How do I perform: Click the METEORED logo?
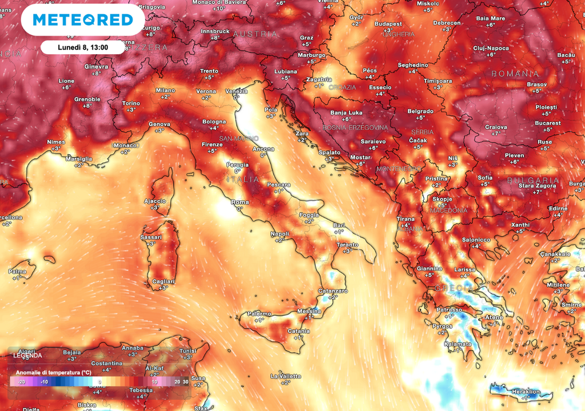click(83, 20)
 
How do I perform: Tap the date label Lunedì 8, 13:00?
click(83, 47)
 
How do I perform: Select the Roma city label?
click(239, 202)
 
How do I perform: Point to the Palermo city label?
click(259, 313)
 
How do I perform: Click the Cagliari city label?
click(163, 281)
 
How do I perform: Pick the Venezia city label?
click(237, 91)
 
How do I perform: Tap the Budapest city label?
click(388, 24)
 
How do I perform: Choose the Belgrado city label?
click(420, 111)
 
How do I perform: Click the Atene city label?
click(494, 317)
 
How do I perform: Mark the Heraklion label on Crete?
click(525, 392)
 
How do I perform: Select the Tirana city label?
click(406, 219)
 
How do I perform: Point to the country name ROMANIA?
click(514, 74)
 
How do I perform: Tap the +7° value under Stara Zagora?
click(538, 192)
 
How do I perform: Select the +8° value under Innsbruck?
click(215, 38)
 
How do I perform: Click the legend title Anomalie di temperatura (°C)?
click(53, 372)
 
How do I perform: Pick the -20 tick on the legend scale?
click(21, 381)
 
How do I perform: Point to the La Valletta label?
click(285, 377)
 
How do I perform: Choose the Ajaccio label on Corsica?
click(154, 201)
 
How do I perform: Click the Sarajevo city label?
click(373, 141)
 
